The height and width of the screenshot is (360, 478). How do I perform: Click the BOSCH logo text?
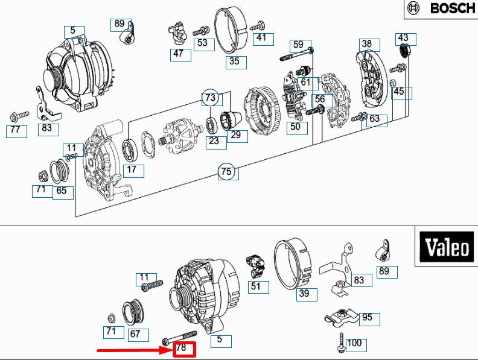[x=452, y=8]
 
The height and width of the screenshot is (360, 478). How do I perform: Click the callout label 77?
[x=16, y=130]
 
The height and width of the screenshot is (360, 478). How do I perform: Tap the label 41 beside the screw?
[x=260, y=38]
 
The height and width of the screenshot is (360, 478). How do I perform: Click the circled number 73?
[x=210, y=97]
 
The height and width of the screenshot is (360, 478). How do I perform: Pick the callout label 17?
[x=133, y=170]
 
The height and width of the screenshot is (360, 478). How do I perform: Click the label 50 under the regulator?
[x=296, y=127]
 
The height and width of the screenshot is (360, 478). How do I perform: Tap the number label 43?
[x=404, y=38]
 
